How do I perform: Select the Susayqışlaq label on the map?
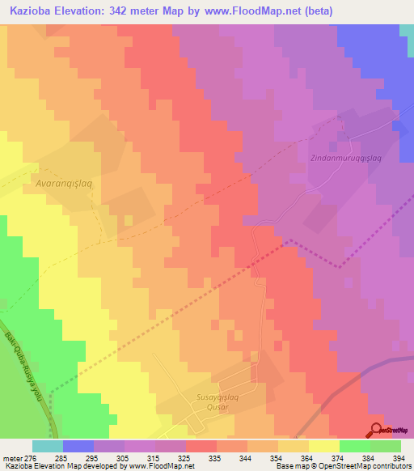(x=221, y=397)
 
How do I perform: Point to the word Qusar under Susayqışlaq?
(x=221, y=408)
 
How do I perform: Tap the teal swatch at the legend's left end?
(x=47, y=446)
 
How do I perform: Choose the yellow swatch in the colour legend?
(x=323, y=446)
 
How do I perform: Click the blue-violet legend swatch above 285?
(x=78, y=446)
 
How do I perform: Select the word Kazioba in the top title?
(x=34, y=11)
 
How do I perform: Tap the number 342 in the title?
(x=132, y=11)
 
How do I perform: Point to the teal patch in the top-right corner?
(x=407, y=30)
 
